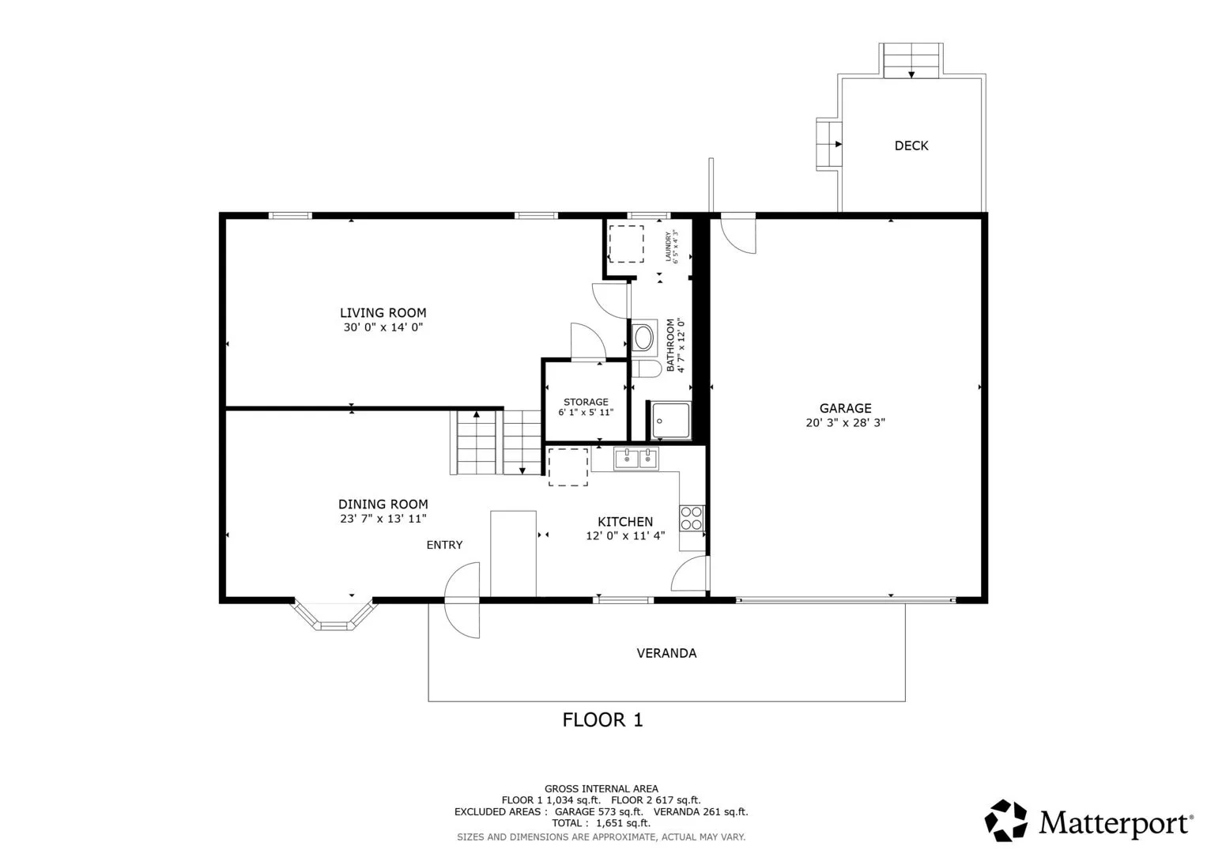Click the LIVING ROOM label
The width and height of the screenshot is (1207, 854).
coord(383,312)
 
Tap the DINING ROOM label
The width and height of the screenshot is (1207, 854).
coord(383,504)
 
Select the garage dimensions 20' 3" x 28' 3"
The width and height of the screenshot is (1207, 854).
coord(846,423)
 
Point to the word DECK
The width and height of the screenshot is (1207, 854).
coord(911,145)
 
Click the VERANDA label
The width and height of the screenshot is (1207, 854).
coord(666,653)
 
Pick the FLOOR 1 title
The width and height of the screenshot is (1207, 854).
coord(603,720)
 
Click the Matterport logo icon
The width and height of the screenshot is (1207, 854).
coord(1005,820)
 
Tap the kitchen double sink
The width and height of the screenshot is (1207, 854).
coord(636,459)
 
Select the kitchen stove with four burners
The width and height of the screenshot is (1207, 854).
coord(692,518)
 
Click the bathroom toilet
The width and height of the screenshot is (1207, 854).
coord(646,369)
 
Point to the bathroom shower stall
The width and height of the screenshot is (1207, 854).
coord(670,420)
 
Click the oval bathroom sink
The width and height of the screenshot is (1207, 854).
coord(644,338)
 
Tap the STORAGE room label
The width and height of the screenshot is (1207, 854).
coord(586,402)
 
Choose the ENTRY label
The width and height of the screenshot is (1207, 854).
coord(444,545)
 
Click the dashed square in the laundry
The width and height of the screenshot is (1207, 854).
coord(626,244)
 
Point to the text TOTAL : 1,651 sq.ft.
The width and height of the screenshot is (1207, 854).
coord(601,823)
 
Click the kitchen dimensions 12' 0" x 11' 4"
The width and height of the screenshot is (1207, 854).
coord(625,536)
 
